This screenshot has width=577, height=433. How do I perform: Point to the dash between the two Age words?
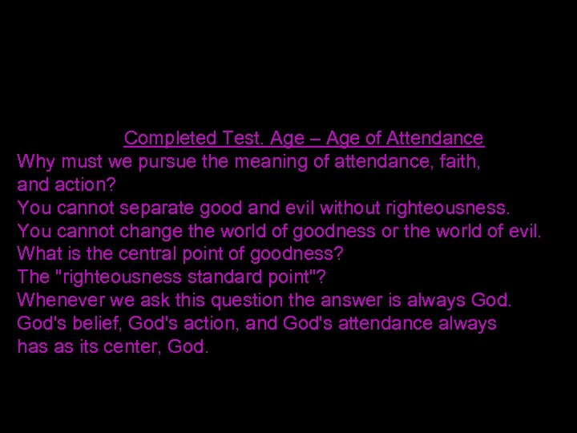coord(309,139)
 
